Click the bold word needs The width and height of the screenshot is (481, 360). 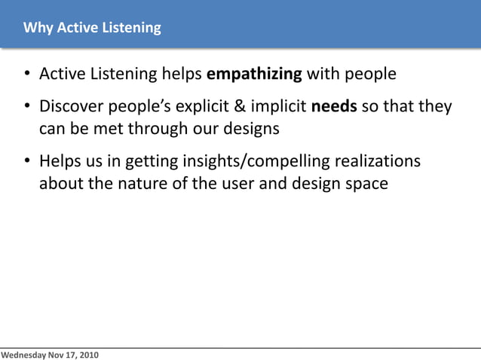click(334, 107)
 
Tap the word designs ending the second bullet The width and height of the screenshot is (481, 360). click(252, 128)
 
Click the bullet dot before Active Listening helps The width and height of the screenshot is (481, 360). click(26, 75)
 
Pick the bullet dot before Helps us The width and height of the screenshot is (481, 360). click(26, 163)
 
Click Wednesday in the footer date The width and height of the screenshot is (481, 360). click(23, 354)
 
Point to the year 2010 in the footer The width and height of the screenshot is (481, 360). click(87, 354)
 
